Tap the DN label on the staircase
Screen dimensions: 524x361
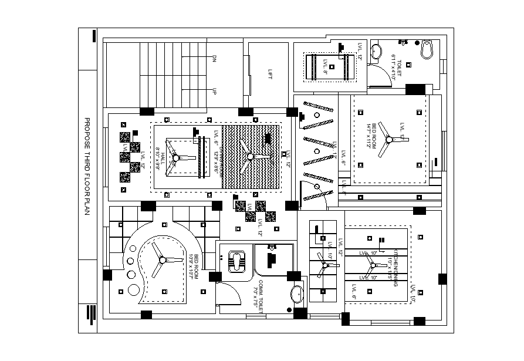pos(214,58)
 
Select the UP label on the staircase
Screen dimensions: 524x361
pos(214,92)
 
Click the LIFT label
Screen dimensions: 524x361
pos(270,75)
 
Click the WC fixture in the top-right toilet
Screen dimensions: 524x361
pos(427,49)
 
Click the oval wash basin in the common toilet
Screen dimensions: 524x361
pos(298,293)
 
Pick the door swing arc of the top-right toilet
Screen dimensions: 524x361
pos(379,73)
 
